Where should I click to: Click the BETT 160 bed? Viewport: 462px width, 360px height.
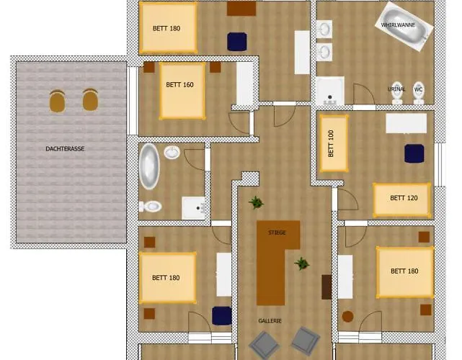pos(182,91)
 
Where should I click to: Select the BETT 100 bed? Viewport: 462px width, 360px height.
pos(333,143)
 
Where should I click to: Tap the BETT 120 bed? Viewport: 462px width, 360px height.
pos(401,199)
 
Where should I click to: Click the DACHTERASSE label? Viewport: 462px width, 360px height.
pos(62,149)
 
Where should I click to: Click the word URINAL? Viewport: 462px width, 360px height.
pos(396,89)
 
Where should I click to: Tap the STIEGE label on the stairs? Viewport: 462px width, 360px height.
pos(277,233)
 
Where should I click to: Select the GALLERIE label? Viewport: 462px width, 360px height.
pos(270,320)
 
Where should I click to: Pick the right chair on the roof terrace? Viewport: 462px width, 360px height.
pos(90,99)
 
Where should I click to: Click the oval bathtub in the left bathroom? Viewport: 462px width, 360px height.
pos(149,166)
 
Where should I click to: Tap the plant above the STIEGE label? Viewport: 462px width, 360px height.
pos(256,202)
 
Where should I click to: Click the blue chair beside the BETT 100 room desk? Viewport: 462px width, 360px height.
pos(414,153)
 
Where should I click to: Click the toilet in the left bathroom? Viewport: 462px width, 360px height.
pos(151,207)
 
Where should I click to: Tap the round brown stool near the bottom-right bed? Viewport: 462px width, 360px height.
pos(348,315)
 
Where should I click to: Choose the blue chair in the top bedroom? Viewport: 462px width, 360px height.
pos(236,41)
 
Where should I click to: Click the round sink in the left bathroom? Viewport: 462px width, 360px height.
pos(172,153)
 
